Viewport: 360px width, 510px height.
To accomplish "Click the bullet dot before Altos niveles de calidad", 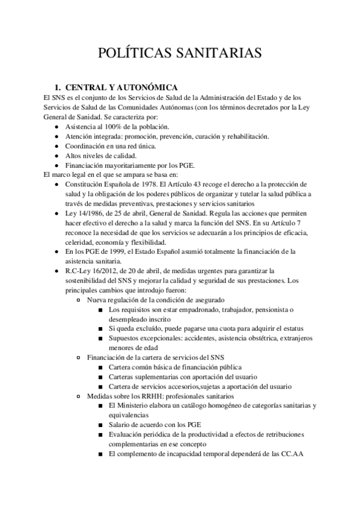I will tap(56, 156).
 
